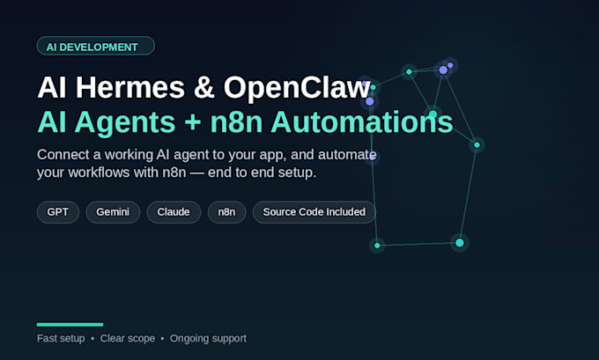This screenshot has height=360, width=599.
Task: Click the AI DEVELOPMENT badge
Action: coord(95,46)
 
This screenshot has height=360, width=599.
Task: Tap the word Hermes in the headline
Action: coord(129,87)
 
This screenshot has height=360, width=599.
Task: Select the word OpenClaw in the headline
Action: coord(297,87)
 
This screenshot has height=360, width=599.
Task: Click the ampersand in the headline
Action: coord(203,87)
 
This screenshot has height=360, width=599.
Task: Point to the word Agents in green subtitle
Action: coord(125,123)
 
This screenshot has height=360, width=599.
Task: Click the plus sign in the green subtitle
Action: coord(193,122)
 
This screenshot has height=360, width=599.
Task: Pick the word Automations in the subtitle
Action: coord(362,121)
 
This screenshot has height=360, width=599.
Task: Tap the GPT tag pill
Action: coord(58,212)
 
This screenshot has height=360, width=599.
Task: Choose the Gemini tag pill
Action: coord(113,212)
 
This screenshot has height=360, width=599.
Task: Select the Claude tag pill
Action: coord(174,212)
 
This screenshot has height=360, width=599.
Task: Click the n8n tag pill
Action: coord(226,212)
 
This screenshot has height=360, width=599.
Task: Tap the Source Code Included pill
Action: coord(314,212)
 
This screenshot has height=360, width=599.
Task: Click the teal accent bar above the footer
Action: coord(70,325)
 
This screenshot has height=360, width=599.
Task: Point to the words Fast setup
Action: coord(61,339)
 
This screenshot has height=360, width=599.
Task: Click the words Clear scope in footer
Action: coord(128,339)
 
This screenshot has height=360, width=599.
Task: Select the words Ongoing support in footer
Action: coord(208,339)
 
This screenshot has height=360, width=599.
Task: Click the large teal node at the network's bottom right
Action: coord(460,243)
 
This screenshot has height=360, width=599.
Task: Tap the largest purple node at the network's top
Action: coord(443,70)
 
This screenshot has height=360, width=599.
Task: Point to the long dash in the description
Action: coord(196,173)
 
